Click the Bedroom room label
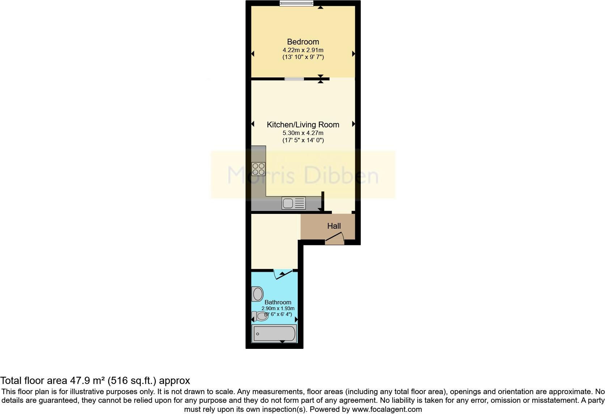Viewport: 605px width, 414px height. coord(303,42)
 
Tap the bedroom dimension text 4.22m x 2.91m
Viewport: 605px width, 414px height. coord(303,50)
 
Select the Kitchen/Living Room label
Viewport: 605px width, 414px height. coord(303,124)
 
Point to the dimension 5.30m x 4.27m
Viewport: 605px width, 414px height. coord(303,133)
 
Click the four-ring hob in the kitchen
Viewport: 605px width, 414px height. coord(258,169)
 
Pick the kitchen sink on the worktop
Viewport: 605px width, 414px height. coord(293,203)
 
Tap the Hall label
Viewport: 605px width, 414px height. coord(334,226)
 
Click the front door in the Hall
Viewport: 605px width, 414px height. coord(335,238)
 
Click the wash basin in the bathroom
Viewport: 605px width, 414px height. coord(258,294)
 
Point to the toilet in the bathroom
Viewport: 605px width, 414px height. coord(260,317)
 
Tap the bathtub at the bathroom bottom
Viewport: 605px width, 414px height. coord(274,333)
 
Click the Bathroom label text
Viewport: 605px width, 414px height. coord(278,302)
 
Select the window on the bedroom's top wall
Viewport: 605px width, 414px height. coord(296,4)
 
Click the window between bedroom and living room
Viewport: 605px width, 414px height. coord(294,79)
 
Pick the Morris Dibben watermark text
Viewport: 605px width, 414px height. coord(303,175)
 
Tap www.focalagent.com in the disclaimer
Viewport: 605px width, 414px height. coord(387,409)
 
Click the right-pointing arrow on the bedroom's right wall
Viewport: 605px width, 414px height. coord(354,54)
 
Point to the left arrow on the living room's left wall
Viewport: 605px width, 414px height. coord(253,124)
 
